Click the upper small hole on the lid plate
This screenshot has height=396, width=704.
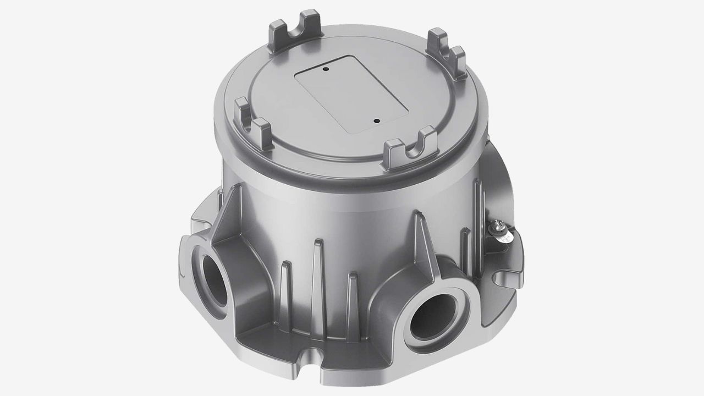coord(326,70)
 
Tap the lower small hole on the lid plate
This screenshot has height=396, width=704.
coord(376,121)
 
